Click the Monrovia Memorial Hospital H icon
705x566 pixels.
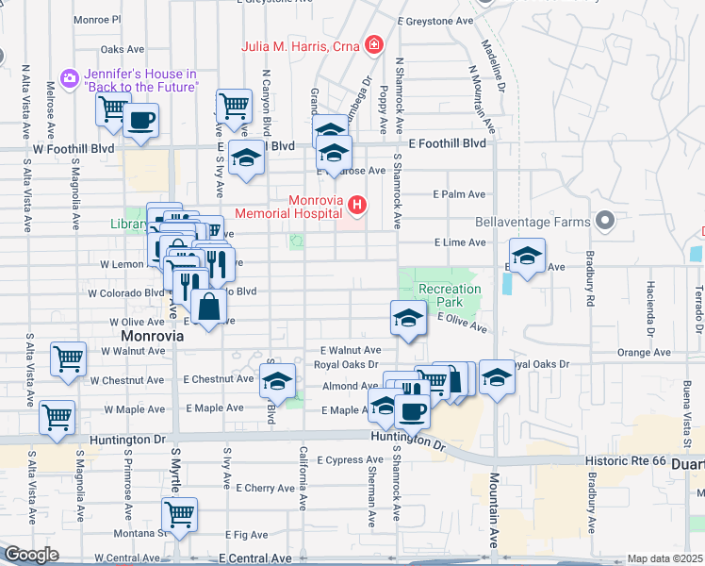[x=356, y=204]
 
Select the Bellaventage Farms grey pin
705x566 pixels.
[x=605, y=223]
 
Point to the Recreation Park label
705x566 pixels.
[x=450, y=295]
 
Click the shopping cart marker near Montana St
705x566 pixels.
[x=179, y=515]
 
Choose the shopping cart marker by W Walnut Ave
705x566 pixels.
[x=69, y=359]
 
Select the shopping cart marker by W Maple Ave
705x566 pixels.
[x=57, y=416]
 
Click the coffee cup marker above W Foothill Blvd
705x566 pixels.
[x=140, y=121]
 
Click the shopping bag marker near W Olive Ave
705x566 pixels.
[x=208, y=306]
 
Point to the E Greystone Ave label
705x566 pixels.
[x=434, y=20]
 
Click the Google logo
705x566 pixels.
[x=31, y=555]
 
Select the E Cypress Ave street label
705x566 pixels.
[x=348, y=460]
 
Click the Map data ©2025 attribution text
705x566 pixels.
[x=664, y=558]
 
